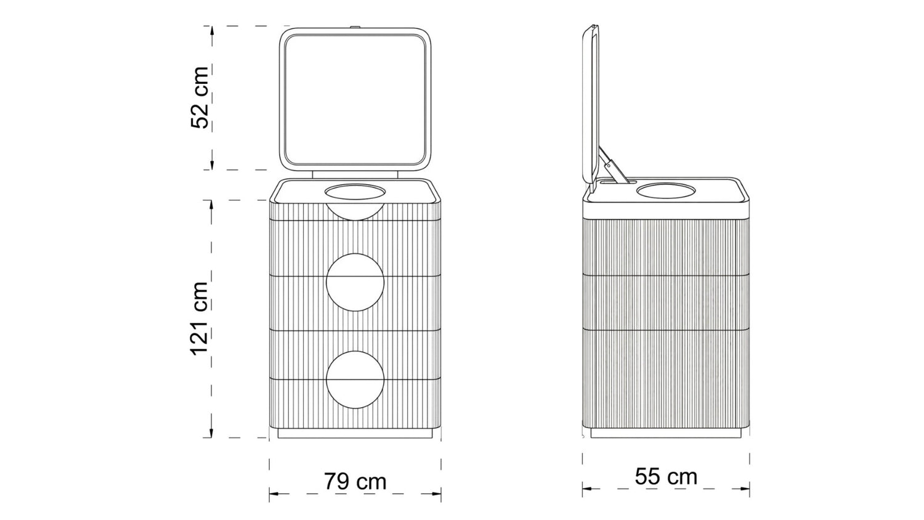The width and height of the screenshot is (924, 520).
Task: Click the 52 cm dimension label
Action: [x=200, y=97]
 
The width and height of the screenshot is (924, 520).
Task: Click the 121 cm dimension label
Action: [x=199, y=318]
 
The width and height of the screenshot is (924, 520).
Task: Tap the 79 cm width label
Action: [x=355, y=481]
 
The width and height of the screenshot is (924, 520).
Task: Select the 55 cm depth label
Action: [x=666, y=477]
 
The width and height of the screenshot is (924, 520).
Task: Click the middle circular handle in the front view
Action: [x=355, y=282]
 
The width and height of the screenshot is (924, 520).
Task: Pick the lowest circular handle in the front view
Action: [x=355, y=380]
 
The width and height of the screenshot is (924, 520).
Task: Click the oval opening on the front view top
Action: [x=355, y=192]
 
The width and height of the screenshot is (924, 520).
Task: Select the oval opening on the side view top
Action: [x=666, y=190]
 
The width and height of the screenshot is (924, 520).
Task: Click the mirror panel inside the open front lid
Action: [x=355, y=99]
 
